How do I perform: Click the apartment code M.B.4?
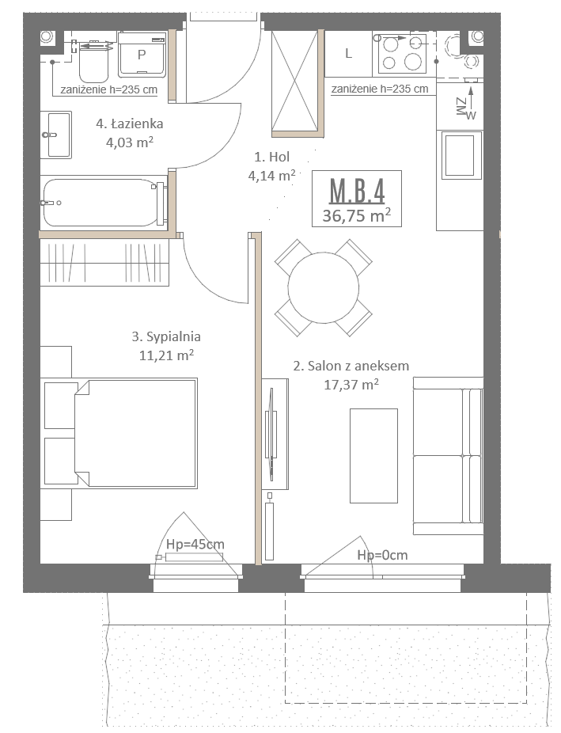pos(357,191)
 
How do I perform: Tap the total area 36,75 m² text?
pos(356,215)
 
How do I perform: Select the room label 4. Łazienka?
pos(130,123)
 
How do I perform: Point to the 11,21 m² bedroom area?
pos(166,355)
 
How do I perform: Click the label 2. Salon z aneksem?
pos(351,366)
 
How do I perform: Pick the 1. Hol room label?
pos(272,157)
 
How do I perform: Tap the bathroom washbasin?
pos(56,135)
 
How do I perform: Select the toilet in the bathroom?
pos(94,61)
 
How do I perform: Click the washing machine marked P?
pos(142,55)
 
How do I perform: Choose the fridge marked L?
pos(348,54)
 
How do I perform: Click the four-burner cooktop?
pos(403,53)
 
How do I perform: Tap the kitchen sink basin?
pos(461,154)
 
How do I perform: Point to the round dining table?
pos(324,288)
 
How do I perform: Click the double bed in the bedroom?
pos(135,433)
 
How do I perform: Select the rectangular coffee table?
pos(373,456)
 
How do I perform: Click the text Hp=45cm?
pos(195,544)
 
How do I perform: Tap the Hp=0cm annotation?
pos(382,555)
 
